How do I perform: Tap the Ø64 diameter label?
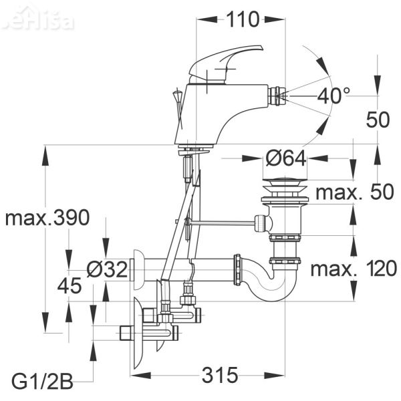285,159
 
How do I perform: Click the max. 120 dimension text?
354,269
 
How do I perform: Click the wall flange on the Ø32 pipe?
139,268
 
